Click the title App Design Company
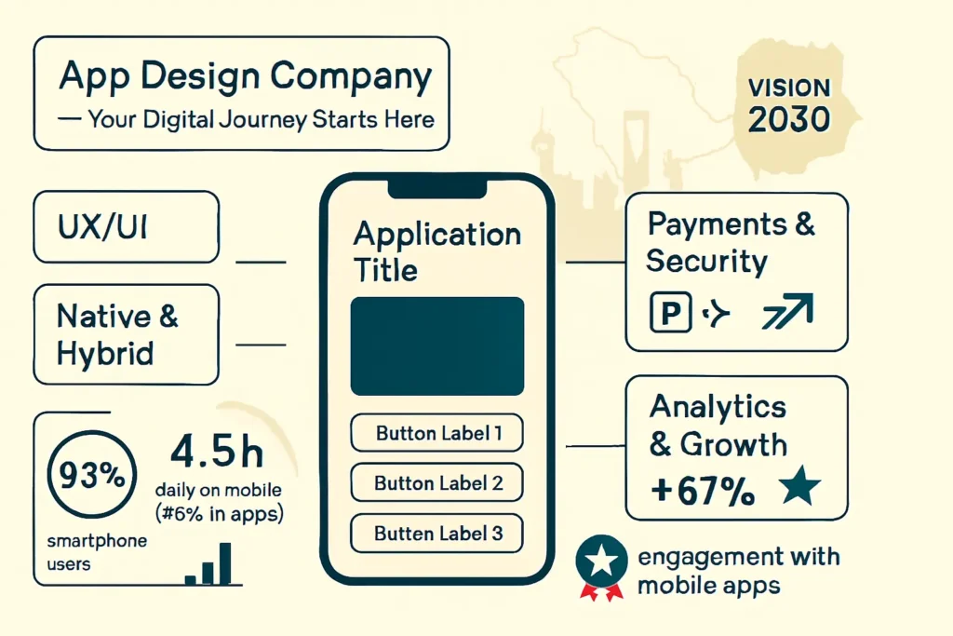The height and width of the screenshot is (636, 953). click(x=246, y=77)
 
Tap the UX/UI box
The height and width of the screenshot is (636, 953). click(x=126, y=227)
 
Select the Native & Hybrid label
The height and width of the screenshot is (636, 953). click(x=117, y=334)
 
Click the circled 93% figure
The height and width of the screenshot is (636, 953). click(x=92, y=474)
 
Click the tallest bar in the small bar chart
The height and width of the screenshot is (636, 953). click(x=225, y=563)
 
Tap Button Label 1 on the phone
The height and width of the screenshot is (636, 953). click(x=437, y=433)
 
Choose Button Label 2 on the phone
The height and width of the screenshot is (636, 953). click(x=437, y=482)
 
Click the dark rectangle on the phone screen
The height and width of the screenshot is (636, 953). click(x=437, y=346)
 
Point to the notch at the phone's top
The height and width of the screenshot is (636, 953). click(x=437, y=189)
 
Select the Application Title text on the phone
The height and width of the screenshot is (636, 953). click(x=437, y=251)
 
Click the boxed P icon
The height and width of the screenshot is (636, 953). click(x=670, y=313)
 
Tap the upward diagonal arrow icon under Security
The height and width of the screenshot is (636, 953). click(x=788, y=311)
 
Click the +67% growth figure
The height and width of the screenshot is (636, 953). click(x=703, y=490)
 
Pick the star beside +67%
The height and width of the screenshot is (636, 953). click(x=799, y=485)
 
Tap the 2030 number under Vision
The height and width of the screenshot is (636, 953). click(x=789, y=119)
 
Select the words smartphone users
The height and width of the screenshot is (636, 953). click(x=97, y=552)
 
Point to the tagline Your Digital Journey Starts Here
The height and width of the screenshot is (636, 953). click(x=262, y=120)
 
